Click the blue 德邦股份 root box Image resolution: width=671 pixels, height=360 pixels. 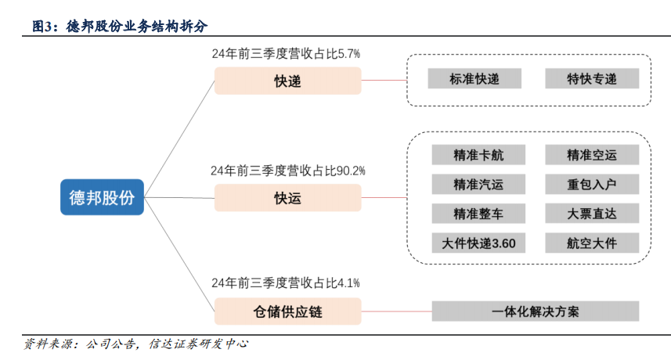point(102,197)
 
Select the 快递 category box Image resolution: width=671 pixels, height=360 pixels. point(287,81)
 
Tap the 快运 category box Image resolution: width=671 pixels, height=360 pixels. point(287,198)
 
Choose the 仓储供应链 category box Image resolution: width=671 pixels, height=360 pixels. point(287,312)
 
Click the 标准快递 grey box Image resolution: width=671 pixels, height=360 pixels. point(474,78)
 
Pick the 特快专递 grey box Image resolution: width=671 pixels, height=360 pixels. point(592,78)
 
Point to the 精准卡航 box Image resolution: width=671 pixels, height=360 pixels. point(478,155)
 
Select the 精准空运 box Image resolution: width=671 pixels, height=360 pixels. point(592,155)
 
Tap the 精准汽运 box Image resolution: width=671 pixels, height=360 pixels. point(478,185)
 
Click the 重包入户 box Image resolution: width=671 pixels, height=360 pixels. point(592,185)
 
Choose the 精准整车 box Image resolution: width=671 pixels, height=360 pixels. point(478,214)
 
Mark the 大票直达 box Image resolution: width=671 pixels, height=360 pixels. point(592,214)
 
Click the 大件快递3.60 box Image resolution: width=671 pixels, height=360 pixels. point(478,243)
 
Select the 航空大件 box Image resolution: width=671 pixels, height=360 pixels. point(592,243)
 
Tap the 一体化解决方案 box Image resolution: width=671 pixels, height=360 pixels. point(536,311)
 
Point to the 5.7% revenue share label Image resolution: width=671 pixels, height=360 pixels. point(286,54)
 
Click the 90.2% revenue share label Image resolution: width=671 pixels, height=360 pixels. point(287,170)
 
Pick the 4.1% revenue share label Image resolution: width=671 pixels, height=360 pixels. point(286,283)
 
